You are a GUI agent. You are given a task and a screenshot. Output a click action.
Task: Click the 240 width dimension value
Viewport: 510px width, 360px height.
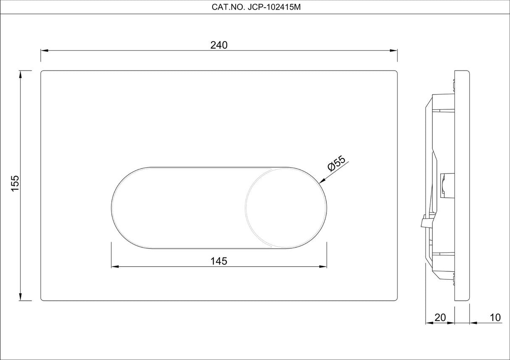click(x=219, y=45)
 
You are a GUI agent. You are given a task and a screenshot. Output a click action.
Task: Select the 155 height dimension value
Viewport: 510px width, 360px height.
click(x=15, y=184)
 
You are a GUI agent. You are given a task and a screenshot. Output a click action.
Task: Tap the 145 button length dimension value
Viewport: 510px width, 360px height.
click(x=219, y=261)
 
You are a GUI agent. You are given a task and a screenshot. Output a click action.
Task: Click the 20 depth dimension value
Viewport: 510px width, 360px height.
click(x=440, y=317)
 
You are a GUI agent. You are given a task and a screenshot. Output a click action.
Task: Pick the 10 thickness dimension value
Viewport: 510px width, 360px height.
click(x=495, y=317)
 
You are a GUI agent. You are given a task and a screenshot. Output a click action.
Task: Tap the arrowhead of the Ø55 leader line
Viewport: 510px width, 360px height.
click(x=321, y=181)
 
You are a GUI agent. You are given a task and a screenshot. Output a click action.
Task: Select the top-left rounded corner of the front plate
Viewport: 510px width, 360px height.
click(x=42, y=72)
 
